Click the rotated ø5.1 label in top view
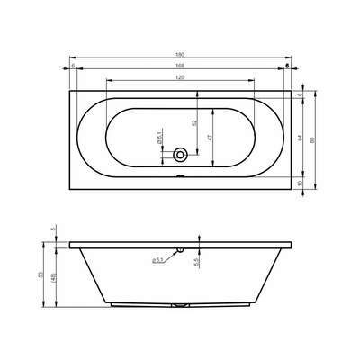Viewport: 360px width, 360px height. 158,139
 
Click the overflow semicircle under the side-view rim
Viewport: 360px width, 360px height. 179,247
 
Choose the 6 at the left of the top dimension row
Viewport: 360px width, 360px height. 71,66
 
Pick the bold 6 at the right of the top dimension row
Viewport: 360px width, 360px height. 286,66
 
